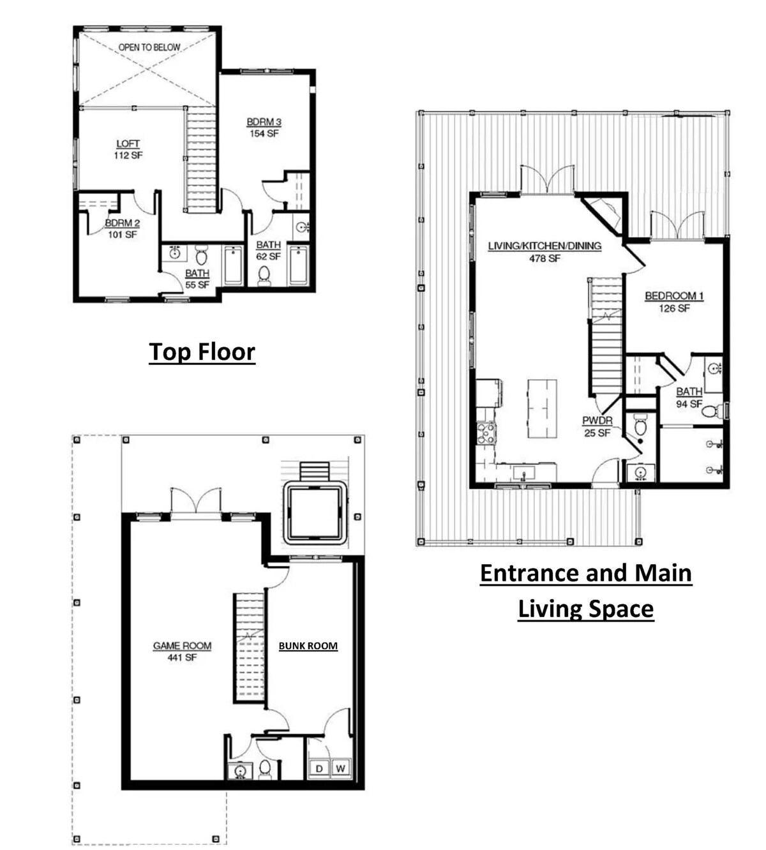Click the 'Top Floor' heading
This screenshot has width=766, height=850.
[202, 352]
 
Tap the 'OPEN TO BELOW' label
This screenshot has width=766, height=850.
[149, 47]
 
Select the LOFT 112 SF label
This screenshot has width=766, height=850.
[128, 149]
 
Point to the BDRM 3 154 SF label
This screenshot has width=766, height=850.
[264, 128]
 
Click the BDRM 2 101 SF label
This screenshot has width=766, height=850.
[123, 229]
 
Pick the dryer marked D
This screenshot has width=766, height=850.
[319, 768]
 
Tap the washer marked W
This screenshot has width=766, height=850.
[340, 768]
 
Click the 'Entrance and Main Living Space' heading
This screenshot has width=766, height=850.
[586, 591]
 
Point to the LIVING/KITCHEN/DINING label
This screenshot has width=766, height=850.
[544, 246]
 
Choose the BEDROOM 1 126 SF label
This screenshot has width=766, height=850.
[674, 302]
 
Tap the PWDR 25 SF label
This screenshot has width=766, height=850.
[597, 426]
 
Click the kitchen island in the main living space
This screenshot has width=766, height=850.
[542, 408]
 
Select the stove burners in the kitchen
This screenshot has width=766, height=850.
[486, 433]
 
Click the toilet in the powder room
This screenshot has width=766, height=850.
[640, 425]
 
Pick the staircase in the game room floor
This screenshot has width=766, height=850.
[249, 647]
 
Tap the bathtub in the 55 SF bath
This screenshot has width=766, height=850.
[233, 265]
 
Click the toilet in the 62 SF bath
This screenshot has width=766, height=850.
[264, 275]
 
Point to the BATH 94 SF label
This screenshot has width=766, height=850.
[689, 398]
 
